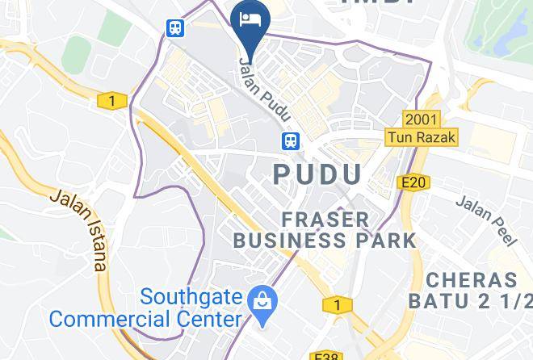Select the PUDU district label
(x=317, y=174)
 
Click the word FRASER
(x=325, y=219)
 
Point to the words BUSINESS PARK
(x=324, y=240)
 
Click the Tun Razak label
(x=422, y=137)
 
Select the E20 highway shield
(x=413, y=183)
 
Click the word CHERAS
(x=481, y=281)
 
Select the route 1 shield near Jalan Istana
(x=111, y=101)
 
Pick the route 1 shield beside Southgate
(x=333, y=304)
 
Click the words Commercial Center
(x=145, y=317)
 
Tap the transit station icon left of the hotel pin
(x=175, y=27)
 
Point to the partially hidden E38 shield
(x=327, y=354)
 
